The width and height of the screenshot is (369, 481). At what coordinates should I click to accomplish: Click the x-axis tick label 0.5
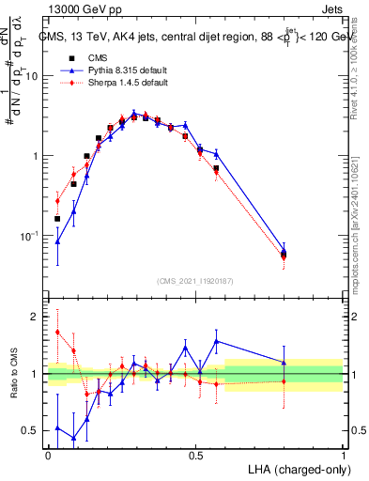point(195,455)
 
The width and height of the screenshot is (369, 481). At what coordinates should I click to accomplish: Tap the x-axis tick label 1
point(343,455)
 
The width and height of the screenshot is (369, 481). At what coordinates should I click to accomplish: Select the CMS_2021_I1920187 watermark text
point(195,281)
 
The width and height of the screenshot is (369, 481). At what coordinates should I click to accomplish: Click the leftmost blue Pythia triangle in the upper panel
point(58,241)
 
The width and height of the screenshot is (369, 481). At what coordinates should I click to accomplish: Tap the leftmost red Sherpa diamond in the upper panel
point(58,201)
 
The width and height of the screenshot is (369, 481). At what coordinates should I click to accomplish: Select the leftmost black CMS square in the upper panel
point(58,219)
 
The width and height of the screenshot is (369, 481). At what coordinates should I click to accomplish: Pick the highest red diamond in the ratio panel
point(58,332)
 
